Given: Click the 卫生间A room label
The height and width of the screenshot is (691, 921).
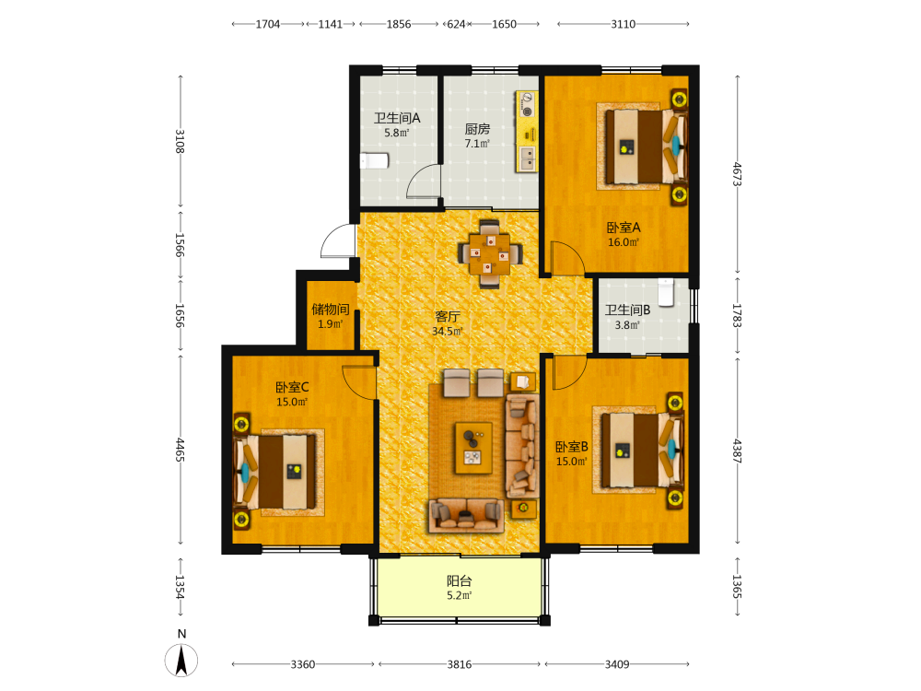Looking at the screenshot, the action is coord(397,118).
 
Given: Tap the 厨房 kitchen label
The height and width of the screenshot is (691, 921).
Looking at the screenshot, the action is coord(477,129).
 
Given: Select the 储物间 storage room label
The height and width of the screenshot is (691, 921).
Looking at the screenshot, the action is coord(330,309).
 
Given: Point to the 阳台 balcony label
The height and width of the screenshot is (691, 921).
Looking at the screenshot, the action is coord(459,581).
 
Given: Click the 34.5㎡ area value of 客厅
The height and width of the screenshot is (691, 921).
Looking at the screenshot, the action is coord(448,332).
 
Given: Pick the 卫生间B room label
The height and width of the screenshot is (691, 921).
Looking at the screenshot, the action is coord(627,310).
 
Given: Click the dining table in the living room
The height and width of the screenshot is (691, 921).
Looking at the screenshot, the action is coord(490,254).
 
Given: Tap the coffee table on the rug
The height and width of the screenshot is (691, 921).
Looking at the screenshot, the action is coord(473,448).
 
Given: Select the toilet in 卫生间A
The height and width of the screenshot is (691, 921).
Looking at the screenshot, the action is coord(374,160).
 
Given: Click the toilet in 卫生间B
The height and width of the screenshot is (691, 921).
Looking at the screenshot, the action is coord(666,292).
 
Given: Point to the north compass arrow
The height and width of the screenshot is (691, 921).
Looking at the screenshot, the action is coord(181,660).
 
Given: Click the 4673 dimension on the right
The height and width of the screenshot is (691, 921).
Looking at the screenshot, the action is coord(737,174).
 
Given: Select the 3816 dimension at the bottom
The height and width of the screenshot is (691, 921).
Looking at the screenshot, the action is coord(460,664).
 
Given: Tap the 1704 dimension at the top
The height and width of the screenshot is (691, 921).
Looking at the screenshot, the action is coord(268,24).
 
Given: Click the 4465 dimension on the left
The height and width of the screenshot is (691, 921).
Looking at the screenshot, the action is coord(181,451).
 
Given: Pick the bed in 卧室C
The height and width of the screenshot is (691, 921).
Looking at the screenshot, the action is coord(276,472).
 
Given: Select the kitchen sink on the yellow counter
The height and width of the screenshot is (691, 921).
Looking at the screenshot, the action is coord(528,158).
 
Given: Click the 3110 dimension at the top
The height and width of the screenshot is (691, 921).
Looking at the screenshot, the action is coord(624,24).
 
